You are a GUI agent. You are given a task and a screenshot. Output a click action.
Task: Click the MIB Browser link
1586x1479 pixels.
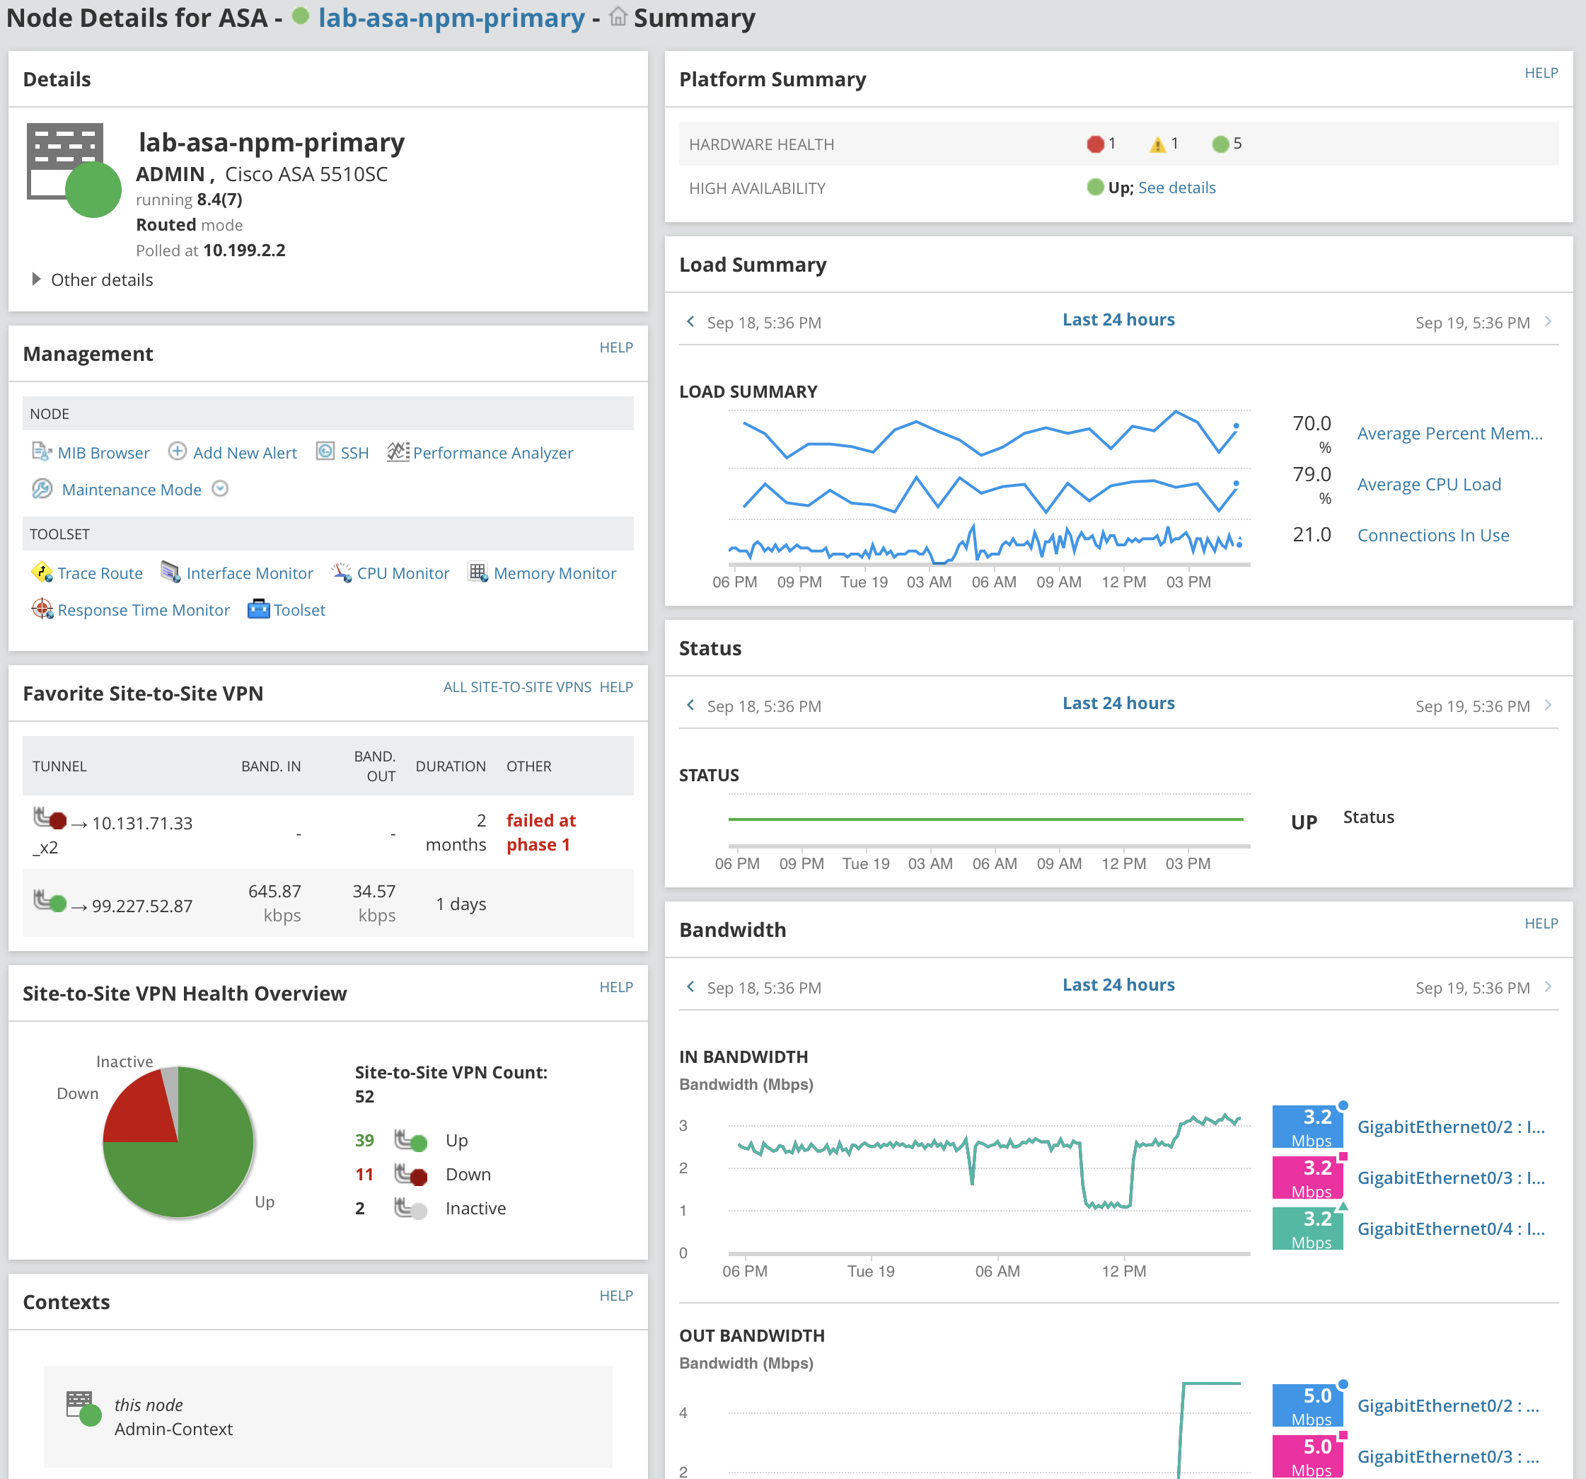(102, 453)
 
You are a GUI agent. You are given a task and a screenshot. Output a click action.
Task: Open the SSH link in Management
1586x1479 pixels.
(354, 453)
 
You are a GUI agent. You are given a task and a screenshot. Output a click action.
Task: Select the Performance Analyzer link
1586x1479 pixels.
(492, 453)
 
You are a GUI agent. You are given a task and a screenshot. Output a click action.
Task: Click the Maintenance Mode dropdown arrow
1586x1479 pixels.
(220, 488)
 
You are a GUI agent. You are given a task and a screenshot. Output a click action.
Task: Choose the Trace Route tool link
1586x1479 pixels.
(100, 573)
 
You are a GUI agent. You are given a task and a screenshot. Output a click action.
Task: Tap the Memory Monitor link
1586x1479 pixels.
(555, 573)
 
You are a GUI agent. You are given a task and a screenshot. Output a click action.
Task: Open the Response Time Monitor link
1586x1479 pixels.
(143, 610)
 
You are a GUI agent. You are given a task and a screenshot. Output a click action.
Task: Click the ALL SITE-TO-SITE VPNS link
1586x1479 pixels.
(517, 686)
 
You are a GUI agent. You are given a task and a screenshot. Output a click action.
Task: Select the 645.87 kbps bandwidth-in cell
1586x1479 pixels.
(274, 903)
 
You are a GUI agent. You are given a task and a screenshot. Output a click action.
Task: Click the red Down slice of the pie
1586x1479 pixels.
(140, 1110)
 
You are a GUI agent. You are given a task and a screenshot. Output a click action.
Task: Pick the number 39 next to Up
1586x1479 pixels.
(364, 1140)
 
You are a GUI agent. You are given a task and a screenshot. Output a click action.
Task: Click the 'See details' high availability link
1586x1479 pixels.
(1176, 188)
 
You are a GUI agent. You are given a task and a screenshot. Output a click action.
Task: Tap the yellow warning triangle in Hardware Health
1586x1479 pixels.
(1157, 144)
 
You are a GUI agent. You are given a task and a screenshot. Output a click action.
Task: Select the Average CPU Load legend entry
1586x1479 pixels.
(1428, 485)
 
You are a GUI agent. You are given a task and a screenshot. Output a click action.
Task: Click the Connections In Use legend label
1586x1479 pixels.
(1432, 535)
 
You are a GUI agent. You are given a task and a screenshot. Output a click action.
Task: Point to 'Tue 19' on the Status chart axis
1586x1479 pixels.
(866, 863)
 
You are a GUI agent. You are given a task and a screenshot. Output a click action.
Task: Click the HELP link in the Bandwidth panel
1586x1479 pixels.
(1541, 923)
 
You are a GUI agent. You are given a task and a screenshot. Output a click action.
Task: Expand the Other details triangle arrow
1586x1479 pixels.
(36, 280)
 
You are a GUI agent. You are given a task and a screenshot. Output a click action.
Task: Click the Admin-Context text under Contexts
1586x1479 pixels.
(173, 1429)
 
